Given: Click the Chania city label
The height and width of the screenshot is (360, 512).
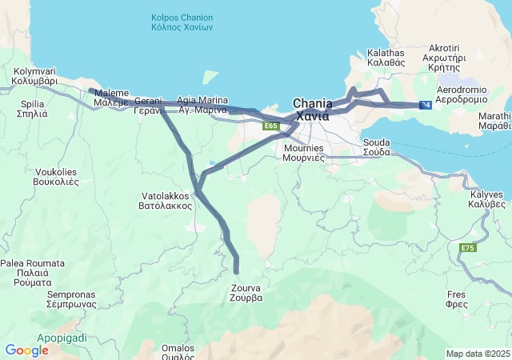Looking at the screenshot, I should (x=313, y=110).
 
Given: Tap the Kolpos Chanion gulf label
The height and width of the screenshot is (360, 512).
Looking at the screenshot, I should (x=182, y=22).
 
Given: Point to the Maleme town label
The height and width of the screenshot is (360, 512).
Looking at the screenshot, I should (x=110, y=98).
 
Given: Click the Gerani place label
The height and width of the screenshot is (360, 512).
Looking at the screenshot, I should (x=148, y=106).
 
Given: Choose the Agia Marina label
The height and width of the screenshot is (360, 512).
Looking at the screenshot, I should (x=202, y=105).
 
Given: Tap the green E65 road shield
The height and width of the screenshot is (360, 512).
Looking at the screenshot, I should (x=270, y=126).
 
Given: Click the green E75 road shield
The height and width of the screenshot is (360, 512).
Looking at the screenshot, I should (x=468, y=249).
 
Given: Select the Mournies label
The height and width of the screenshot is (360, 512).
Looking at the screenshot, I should (x=303, y=153).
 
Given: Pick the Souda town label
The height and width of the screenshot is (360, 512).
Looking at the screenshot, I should (x=376, y=147).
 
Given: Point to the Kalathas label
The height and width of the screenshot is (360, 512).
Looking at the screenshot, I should (x=386, y=57).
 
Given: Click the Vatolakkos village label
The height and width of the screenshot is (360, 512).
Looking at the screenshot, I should (x=166, y=200).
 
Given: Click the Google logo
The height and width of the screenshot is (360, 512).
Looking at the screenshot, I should (x=26, y=350).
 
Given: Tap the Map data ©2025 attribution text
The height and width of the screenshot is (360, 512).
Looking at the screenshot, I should (x=477, y=354).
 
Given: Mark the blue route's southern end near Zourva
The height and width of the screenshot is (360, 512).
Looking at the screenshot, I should (x=236, y=272).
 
